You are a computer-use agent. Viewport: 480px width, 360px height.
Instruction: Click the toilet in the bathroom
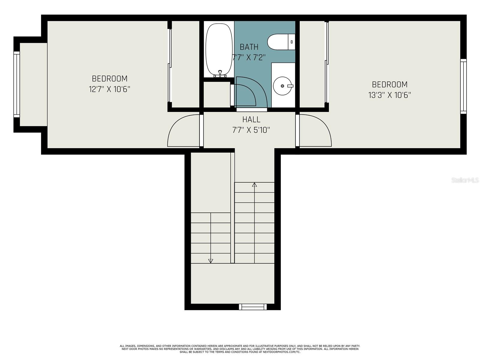[x=281, y=42]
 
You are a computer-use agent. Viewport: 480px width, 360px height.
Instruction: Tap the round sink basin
[x=282, y=86]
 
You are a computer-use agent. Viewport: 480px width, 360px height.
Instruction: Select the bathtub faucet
[x=220, y=73]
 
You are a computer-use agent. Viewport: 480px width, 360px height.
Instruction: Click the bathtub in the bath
[x=219, y=50]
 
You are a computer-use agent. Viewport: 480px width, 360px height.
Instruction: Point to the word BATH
[x=249, y=47]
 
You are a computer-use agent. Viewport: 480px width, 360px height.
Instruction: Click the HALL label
[x=251, y=120]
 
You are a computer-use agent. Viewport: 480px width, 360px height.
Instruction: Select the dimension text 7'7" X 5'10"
[x=251, y=130]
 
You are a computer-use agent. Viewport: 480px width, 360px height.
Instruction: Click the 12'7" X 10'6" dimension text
[x=109, y=89]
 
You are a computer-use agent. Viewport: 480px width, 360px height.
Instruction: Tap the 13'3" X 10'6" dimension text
[x=389, y=95]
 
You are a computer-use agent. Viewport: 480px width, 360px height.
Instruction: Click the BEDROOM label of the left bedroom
[x=109, y=79]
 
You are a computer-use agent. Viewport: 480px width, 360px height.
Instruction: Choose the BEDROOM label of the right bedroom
[x=390, y=84]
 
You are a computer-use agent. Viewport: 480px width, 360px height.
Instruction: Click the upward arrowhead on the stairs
[x=254, y=185]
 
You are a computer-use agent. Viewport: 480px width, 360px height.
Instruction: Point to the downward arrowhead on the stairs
[x=210, y=261]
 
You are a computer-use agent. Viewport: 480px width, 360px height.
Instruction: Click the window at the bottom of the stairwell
[x=253, y=307]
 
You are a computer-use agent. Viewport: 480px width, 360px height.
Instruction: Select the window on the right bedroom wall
[x=463, y=86]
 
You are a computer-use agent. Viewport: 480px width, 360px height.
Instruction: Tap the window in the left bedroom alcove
[x=16, y=84]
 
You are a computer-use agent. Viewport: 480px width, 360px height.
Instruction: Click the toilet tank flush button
[x=292, y=42]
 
